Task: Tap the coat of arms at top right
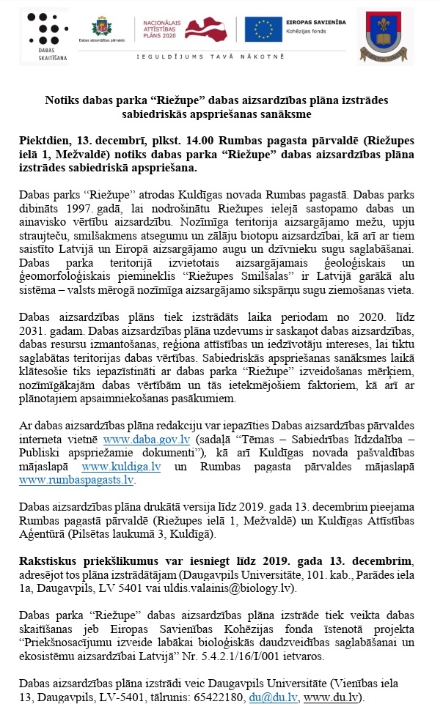380,36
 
